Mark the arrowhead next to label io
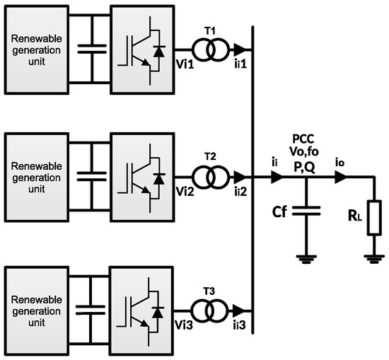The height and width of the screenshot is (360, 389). click(342, 180)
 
